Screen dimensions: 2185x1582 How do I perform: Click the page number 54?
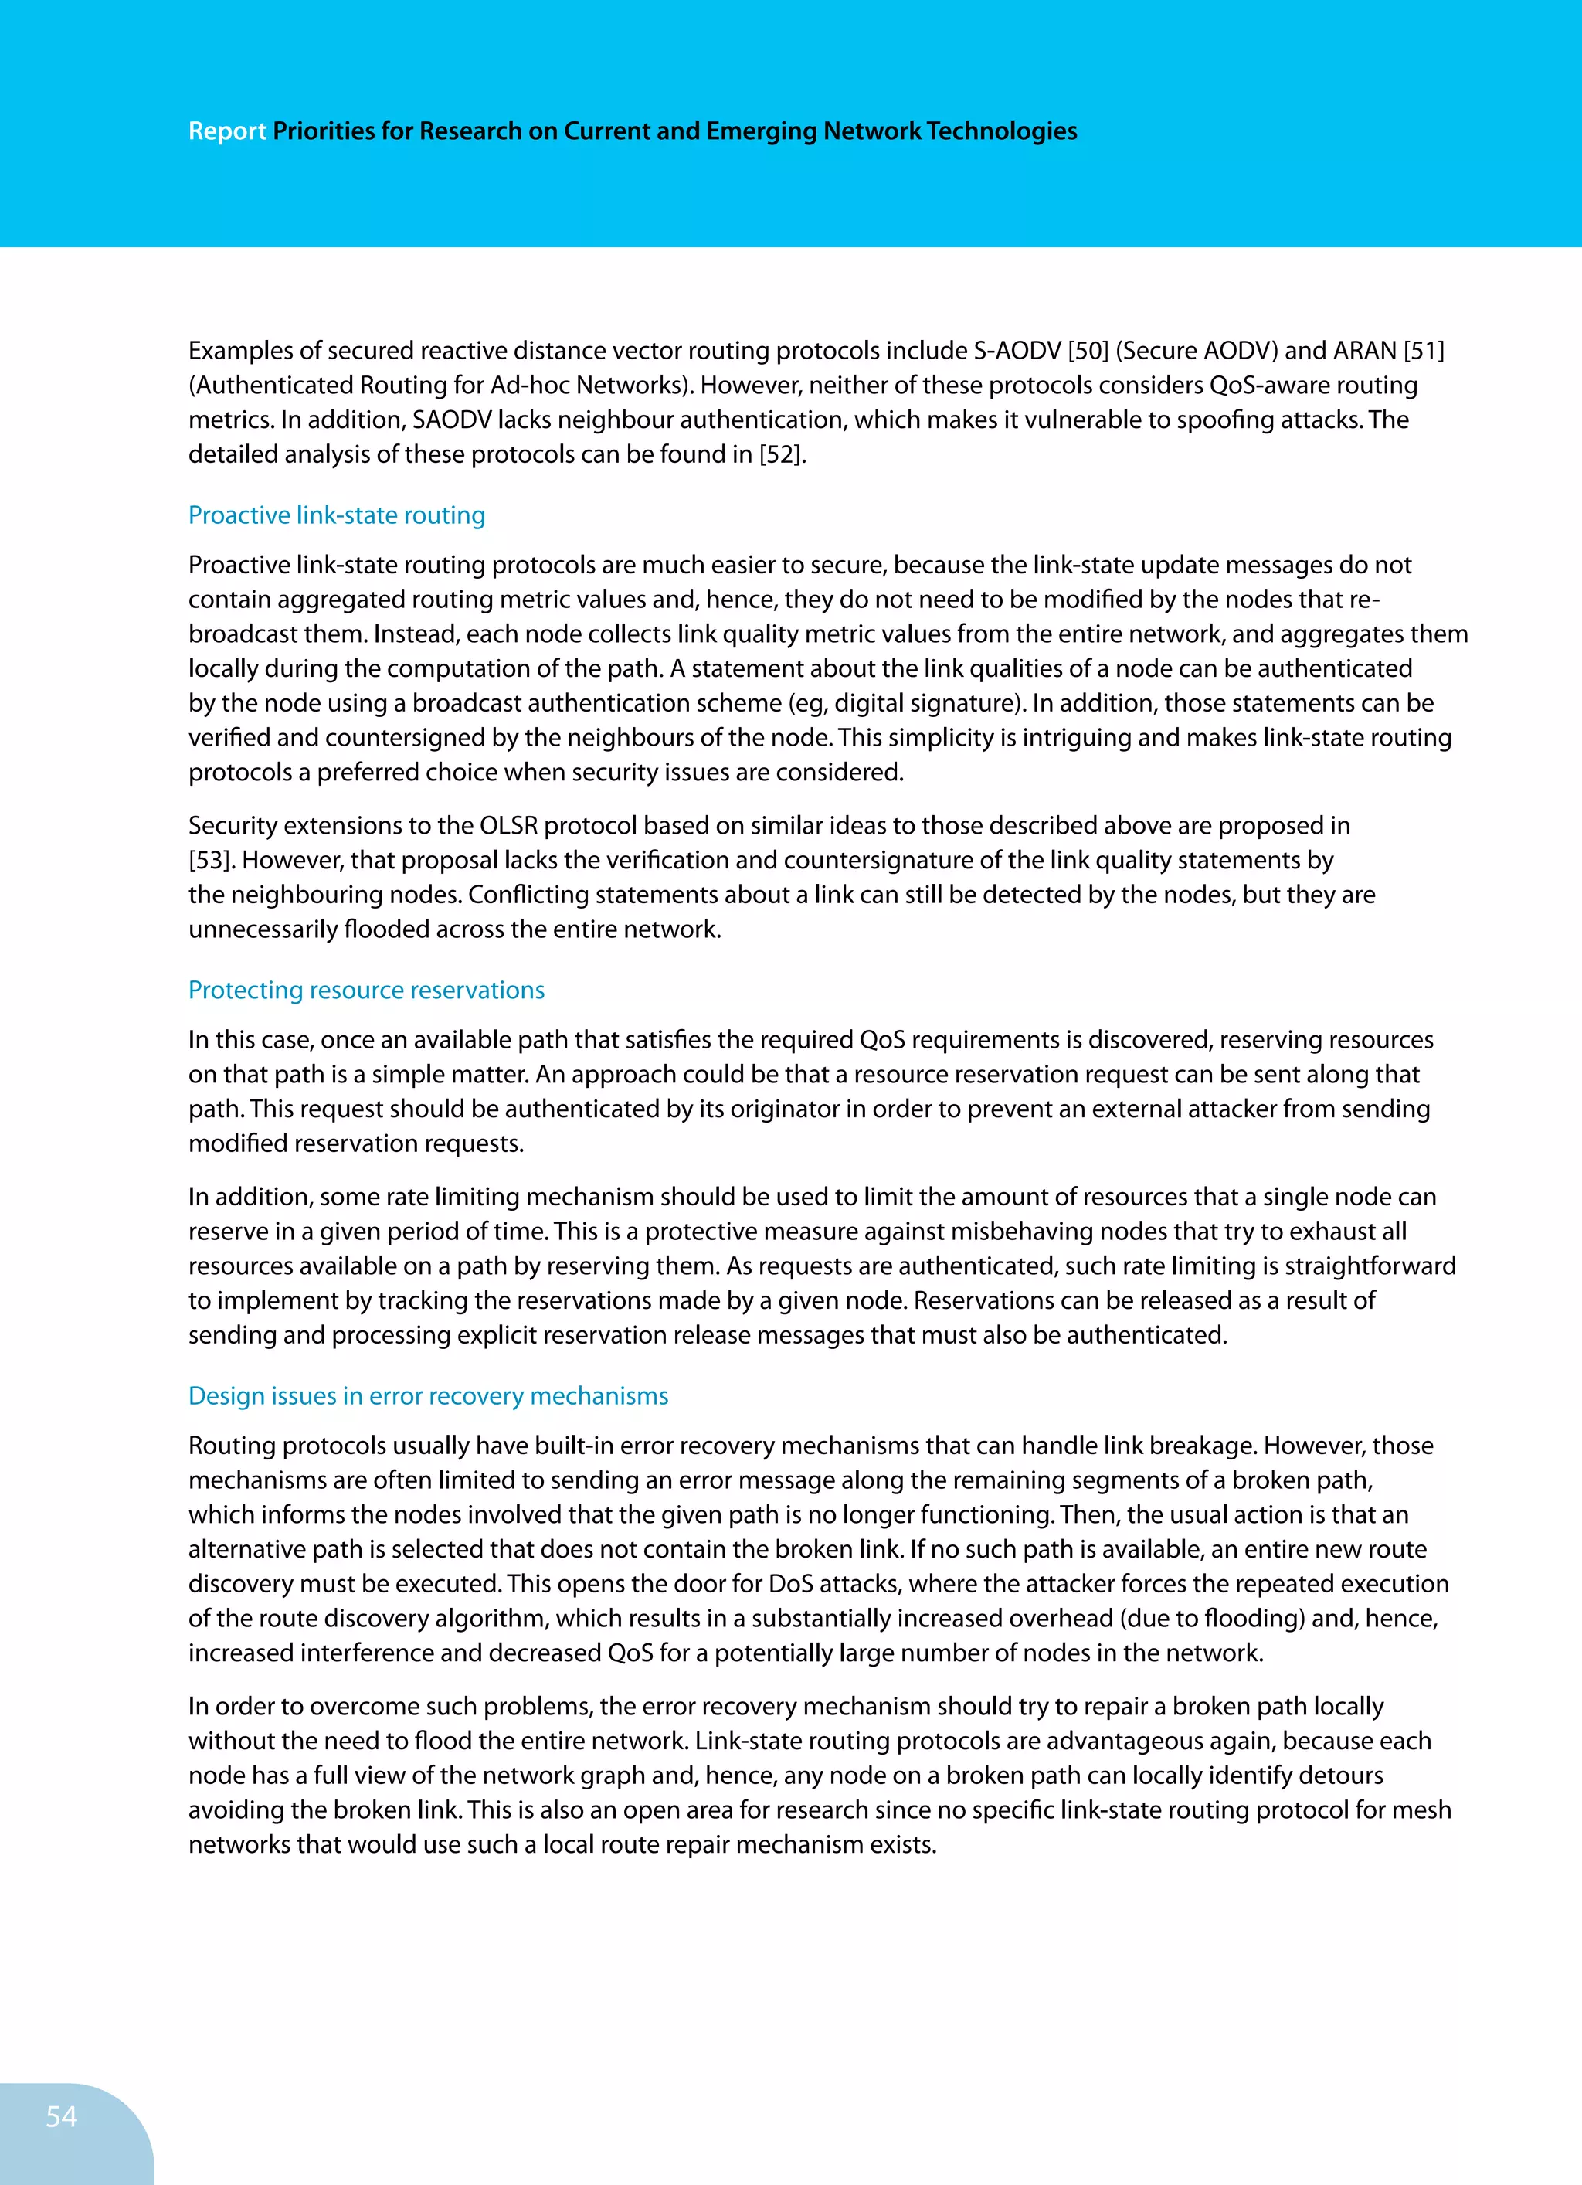click(61, 2115)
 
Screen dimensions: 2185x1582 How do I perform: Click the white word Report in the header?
click(226, 131)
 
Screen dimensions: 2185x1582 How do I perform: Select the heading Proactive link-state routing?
click(336, 515)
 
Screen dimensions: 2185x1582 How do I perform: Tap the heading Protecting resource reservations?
click(366, 991)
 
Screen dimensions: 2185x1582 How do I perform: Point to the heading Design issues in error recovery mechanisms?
click(428, 1396)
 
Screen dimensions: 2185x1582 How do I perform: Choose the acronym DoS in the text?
click(791, 1584)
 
